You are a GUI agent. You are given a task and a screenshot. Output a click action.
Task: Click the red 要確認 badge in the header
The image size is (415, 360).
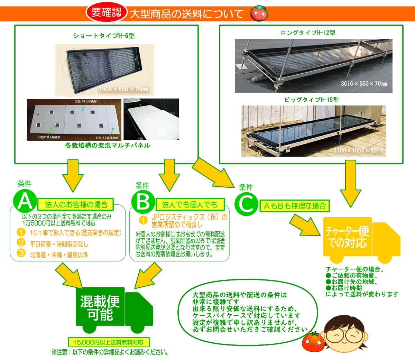(107, 13)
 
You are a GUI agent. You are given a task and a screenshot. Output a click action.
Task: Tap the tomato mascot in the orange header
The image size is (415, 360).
(258, 13)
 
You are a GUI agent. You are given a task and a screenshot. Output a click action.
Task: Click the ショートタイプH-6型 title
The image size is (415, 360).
(104, 36)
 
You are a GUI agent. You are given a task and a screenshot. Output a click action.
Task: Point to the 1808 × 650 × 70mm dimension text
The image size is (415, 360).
(123, 89)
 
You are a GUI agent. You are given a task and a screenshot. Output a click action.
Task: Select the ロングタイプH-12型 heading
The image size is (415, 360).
(308, 33)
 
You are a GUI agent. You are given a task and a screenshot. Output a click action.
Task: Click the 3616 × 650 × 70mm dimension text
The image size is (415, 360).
(364, 83)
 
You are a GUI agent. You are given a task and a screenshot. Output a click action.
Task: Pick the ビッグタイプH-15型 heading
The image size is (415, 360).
(312, 100)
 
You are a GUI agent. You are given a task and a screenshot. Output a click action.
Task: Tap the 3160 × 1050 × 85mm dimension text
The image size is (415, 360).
(358, 150)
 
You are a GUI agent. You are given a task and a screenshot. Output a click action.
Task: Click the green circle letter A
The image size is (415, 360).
(25, 202)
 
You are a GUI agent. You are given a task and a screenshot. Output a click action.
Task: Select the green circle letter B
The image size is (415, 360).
(143, 202)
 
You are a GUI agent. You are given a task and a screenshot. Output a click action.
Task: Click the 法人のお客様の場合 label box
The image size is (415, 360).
(76, 204)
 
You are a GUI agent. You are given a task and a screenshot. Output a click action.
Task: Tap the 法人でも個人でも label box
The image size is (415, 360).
(190, 204)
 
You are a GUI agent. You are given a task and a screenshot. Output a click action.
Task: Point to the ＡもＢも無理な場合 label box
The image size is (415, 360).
(295, 206)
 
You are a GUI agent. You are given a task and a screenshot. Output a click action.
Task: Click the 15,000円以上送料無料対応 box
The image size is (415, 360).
(108, 342)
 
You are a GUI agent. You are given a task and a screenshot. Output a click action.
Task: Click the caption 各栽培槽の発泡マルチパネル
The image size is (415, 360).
(108, 146)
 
